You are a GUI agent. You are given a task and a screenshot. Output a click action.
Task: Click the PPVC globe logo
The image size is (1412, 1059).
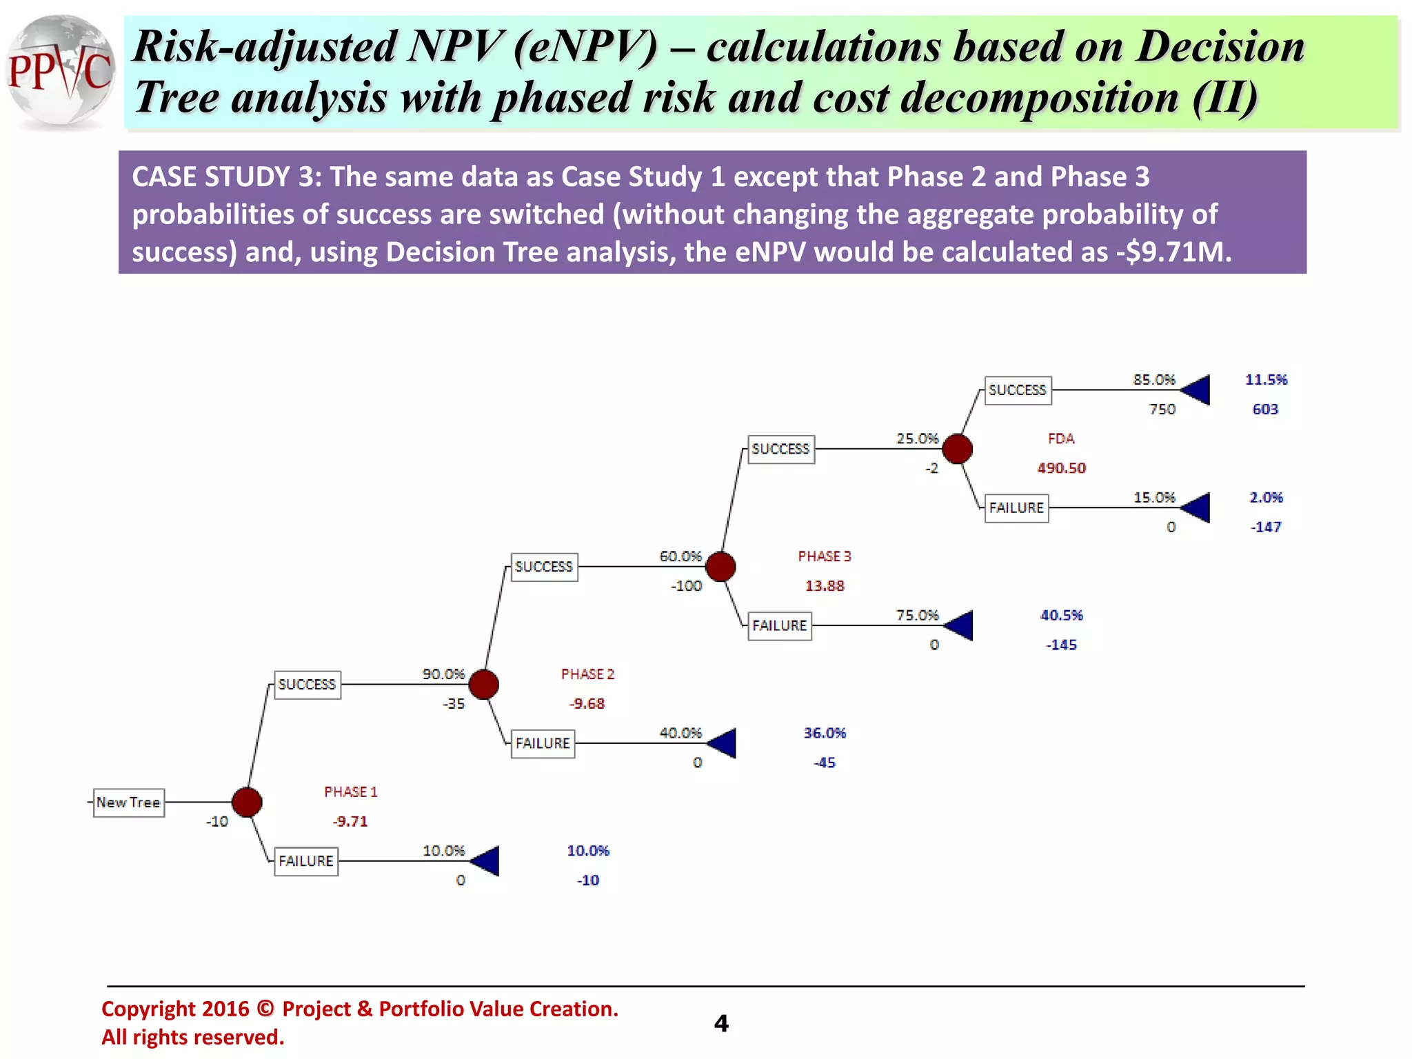(61, 72)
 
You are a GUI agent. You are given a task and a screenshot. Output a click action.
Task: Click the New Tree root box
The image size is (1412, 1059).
(129, 803)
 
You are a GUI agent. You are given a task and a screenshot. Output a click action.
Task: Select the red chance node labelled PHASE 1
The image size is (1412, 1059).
(247, 802)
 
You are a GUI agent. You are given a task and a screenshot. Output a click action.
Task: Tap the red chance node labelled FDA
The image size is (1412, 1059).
(957, 449)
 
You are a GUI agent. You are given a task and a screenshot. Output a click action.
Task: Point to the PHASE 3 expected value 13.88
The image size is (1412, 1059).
(825, 586)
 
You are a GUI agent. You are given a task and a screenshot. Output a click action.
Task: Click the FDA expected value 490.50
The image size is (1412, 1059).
(1061, 468)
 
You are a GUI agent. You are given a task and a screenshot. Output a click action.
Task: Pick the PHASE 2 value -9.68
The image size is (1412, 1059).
(587, 704)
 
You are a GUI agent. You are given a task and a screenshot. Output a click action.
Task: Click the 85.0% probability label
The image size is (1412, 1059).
(1153, 380)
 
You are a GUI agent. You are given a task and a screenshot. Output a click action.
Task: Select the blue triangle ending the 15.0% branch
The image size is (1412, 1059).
(1196, 508)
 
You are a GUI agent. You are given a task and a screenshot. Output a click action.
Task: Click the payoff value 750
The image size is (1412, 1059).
(1162, 410)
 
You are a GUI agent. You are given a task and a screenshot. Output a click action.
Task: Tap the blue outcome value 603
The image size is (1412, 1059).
(1265, 410)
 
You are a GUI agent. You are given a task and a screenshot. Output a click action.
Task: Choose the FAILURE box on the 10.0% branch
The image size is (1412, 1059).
(306, 861)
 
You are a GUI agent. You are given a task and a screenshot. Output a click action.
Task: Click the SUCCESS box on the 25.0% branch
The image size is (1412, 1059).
(780, 449)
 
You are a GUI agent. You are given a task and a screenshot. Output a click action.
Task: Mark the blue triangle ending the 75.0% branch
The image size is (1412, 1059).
(959, 625)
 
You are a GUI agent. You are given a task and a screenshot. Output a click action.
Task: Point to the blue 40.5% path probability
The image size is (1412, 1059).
(1061, 615)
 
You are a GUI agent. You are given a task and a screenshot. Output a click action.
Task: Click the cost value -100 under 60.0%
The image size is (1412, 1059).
(686, 586)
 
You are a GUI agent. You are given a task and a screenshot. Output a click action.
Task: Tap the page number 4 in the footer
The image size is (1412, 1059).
(721, 1023)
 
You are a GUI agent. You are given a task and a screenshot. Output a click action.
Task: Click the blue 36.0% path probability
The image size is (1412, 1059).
(825, 733)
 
